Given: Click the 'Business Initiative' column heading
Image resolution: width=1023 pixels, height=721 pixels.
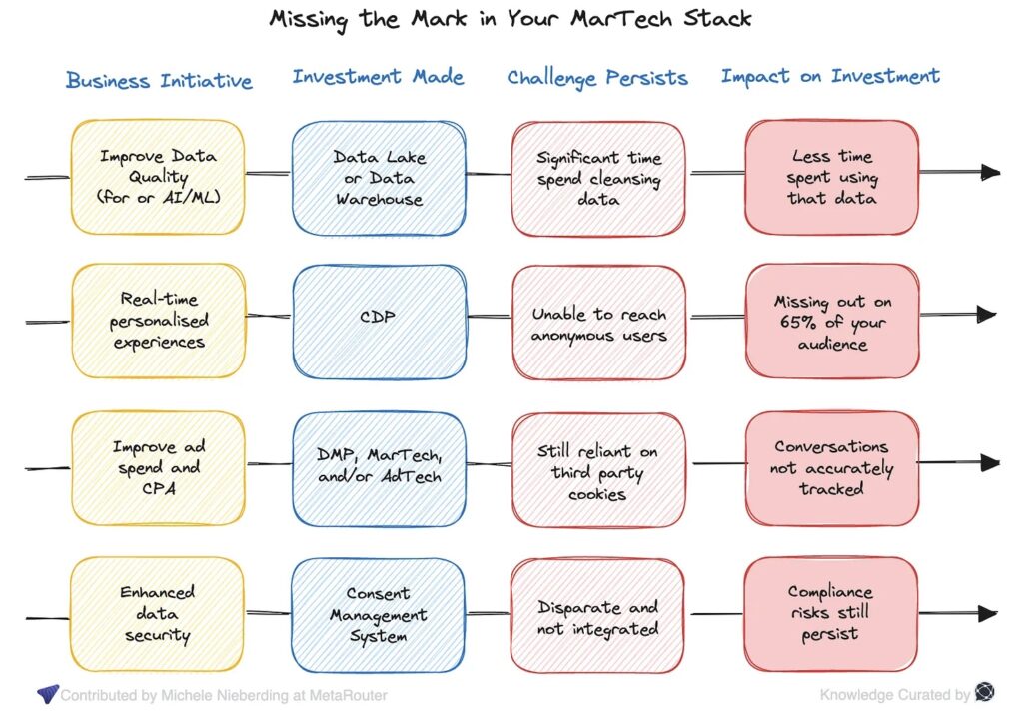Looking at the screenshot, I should [159, 80].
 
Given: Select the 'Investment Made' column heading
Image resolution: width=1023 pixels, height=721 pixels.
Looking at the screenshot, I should [378, 77].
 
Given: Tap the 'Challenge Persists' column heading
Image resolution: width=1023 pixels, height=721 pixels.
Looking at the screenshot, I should [597, 78].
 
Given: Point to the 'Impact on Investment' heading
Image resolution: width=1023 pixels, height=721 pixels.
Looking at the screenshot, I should [830, 76].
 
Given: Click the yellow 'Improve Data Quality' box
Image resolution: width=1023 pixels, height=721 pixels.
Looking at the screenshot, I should [157, 177].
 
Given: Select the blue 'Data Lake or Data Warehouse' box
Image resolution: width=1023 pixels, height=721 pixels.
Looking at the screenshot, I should [379, 177].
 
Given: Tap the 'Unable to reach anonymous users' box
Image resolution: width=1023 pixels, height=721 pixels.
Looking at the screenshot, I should [598, 324].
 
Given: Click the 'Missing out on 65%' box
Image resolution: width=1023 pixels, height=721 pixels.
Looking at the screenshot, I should [832, 322].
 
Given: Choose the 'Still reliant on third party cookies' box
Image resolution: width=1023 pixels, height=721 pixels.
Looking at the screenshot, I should [598, 470].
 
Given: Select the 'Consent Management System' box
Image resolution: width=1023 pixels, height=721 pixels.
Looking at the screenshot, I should [379, 614].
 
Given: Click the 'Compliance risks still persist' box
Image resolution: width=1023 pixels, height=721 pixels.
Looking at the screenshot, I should [830, 613].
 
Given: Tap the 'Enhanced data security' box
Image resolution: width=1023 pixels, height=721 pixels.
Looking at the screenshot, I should [157, 614].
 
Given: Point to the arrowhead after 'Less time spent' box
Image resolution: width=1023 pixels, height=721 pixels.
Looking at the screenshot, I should [989, 172].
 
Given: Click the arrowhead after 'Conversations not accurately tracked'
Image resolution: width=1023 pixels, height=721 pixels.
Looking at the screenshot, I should [989, 462].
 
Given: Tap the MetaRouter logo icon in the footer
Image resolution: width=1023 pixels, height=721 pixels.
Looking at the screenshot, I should [47, 694].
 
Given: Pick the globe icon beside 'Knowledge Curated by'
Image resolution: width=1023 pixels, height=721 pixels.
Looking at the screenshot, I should [984, 693].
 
